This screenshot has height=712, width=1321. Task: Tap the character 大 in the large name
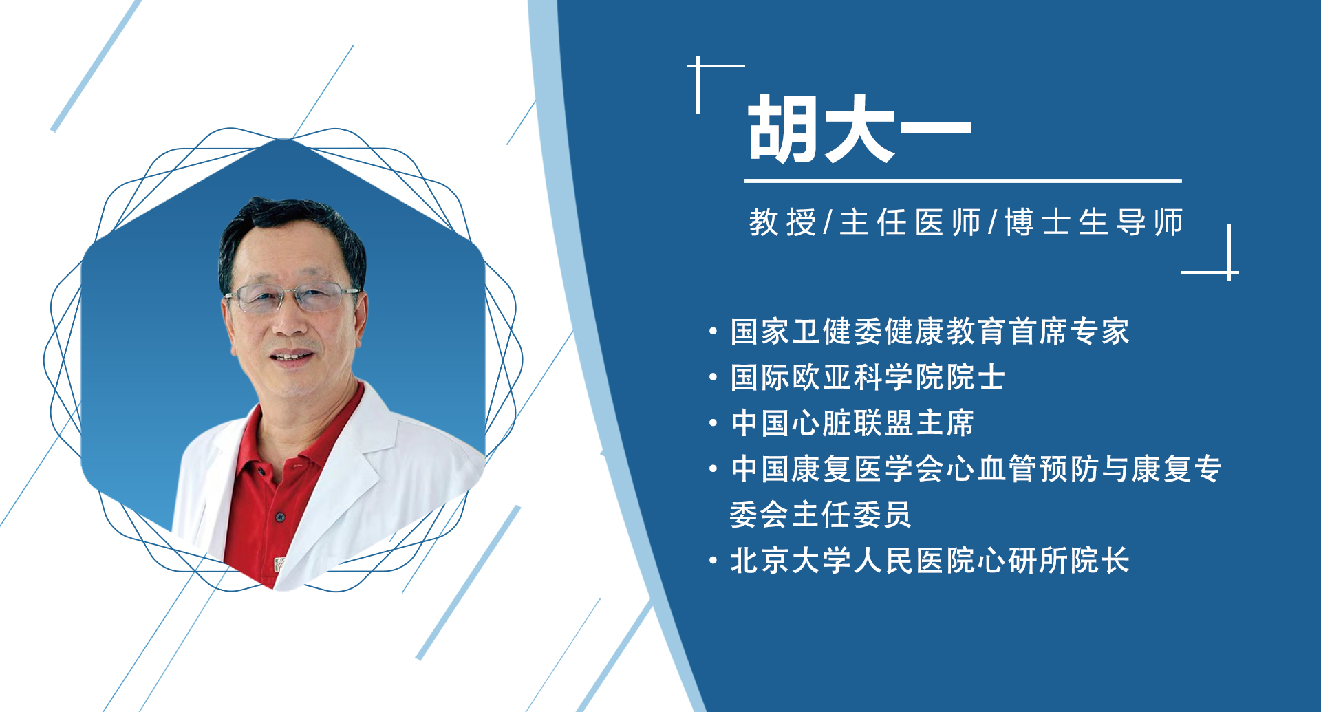click(x=857, y=129)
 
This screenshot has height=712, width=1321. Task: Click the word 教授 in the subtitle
click(x=782, y=222)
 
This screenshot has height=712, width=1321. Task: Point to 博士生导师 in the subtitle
click(x=1093, y=222)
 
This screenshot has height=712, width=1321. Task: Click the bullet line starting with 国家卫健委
click(x=929, y=332)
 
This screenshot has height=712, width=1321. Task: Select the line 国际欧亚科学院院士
click(x=867, y=377)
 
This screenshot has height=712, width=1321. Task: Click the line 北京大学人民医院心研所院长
click(x=929, y=561)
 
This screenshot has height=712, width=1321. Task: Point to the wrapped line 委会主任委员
click(x=820, y=515)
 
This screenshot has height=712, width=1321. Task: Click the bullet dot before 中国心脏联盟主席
click(x=713, y=423)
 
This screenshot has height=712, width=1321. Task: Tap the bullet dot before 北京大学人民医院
click(x=713, y=561)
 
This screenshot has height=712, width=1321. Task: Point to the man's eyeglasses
click(x=292, y=297)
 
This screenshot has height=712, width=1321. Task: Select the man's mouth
click(x=292, y=357)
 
